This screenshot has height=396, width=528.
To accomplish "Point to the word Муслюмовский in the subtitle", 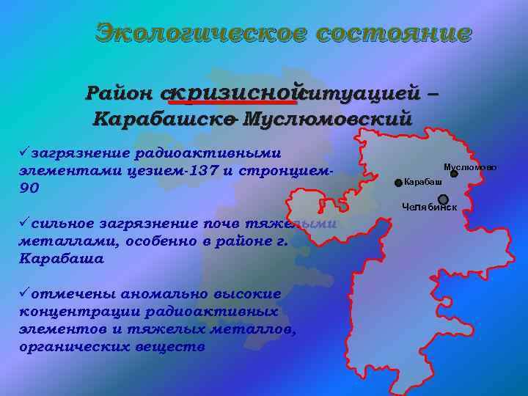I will tap(328, 119).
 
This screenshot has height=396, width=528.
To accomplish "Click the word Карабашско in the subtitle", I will tap(164, 119).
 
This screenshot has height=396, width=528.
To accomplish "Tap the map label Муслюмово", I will tap(470, 167).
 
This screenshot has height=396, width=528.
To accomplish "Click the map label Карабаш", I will tap(423, 181).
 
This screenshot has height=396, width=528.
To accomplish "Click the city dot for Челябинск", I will tap(443, 199).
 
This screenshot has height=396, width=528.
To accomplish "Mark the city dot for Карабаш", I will tap(398, 182).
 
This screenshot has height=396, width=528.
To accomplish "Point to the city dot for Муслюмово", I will tap(454, 174).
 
